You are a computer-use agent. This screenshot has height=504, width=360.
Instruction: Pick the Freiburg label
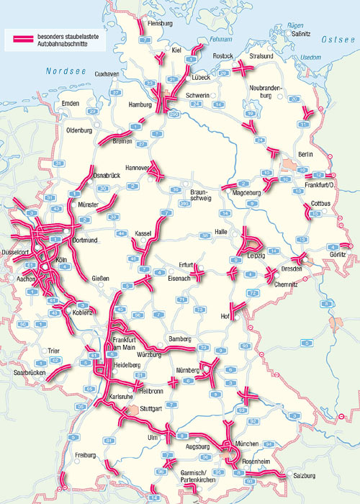click(x=89, y=456)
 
